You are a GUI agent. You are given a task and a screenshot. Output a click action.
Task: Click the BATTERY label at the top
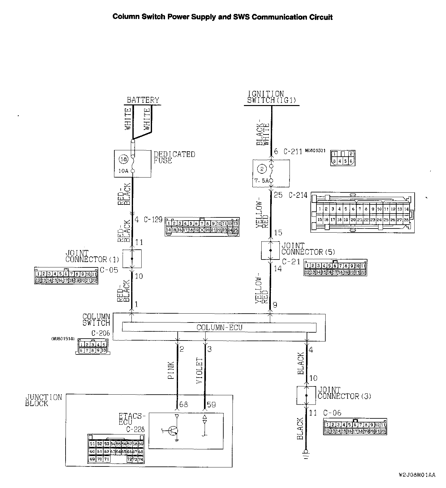click(143, 100)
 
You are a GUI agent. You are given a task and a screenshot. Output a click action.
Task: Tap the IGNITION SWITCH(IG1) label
click(271, 97)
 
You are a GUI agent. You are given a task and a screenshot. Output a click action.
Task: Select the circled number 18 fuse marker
click(123, 160)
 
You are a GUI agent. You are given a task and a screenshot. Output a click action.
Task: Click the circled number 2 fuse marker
click(262, 169)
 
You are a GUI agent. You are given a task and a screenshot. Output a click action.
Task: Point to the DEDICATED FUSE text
click(174, 157)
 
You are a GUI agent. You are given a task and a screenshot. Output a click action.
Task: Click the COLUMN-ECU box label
click(219, 327)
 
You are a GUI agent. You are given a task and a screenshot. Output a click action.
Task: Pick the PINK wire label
click(171, 371)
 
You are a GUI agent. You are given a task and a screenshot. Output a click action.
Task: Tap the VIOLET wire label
click(199, 371)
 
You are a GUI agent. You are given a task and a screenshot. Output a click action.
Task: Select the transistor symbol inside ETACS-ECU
click(173, 430)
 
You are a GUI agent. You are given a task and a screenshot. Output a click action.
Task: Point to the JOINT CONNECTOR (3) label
click(344, 393)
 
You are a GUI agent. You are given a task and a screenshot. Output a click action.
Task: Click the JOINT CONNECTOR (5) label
click(308, 249)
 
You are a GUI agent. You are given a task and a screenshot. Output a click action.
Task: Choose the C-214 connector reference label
click(298, 195)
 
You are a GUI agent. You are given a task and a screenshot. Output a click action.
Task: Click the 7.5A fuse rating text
click(261, 180)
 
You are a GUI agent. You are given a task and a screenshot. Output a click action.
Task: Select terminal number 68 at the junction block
click(183, 404)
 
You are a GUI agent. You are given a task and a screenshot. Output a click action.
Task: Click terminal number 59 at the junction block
click(211, 404)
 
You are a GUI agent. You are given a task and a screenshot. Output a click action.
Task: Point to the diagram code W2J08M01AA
click(417, 475)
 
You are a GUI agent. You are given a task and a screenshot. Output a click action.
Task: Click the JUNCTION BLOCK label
click(44, 400)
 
